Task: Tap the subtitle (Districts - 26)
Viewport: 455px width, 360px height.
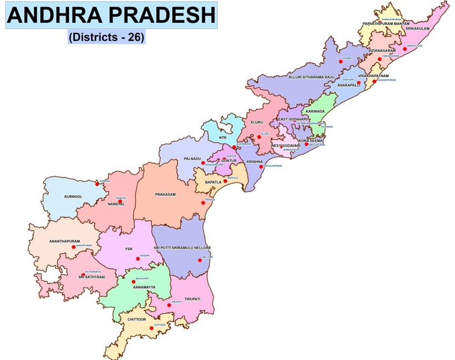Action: click(107, 38)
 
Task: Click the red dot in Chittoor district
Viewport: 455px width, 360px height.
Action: click(142, 328)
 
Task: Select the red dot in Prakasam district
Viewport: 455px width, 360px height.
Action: click(203, 202)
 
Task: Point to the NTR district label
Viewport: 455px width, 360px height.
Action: click(222, 137)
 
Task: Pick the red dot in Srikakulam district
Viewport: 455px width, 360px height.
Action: click(405, 48)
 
